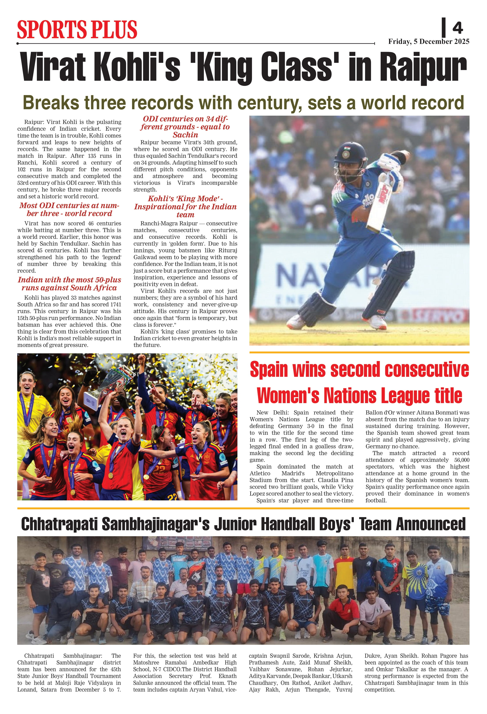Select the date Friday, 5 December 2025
click(x=428, y=42)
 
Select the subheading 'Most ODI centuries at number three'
click(x=69, y=210)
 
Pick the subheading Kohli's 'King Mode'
click(x=185, y=207)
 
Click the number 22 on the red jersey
click(x=159, y=470)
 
